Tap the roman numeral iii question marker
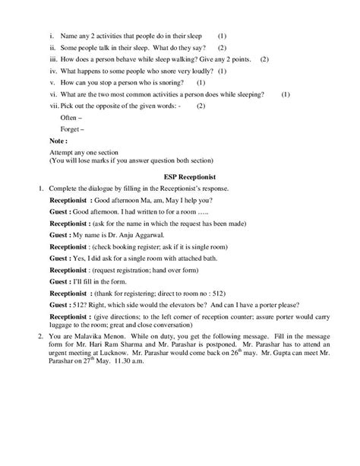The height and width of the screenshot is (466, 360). coord(52,59)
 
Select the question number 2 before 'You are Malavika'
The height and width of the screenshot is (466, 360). coord(39,335)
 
